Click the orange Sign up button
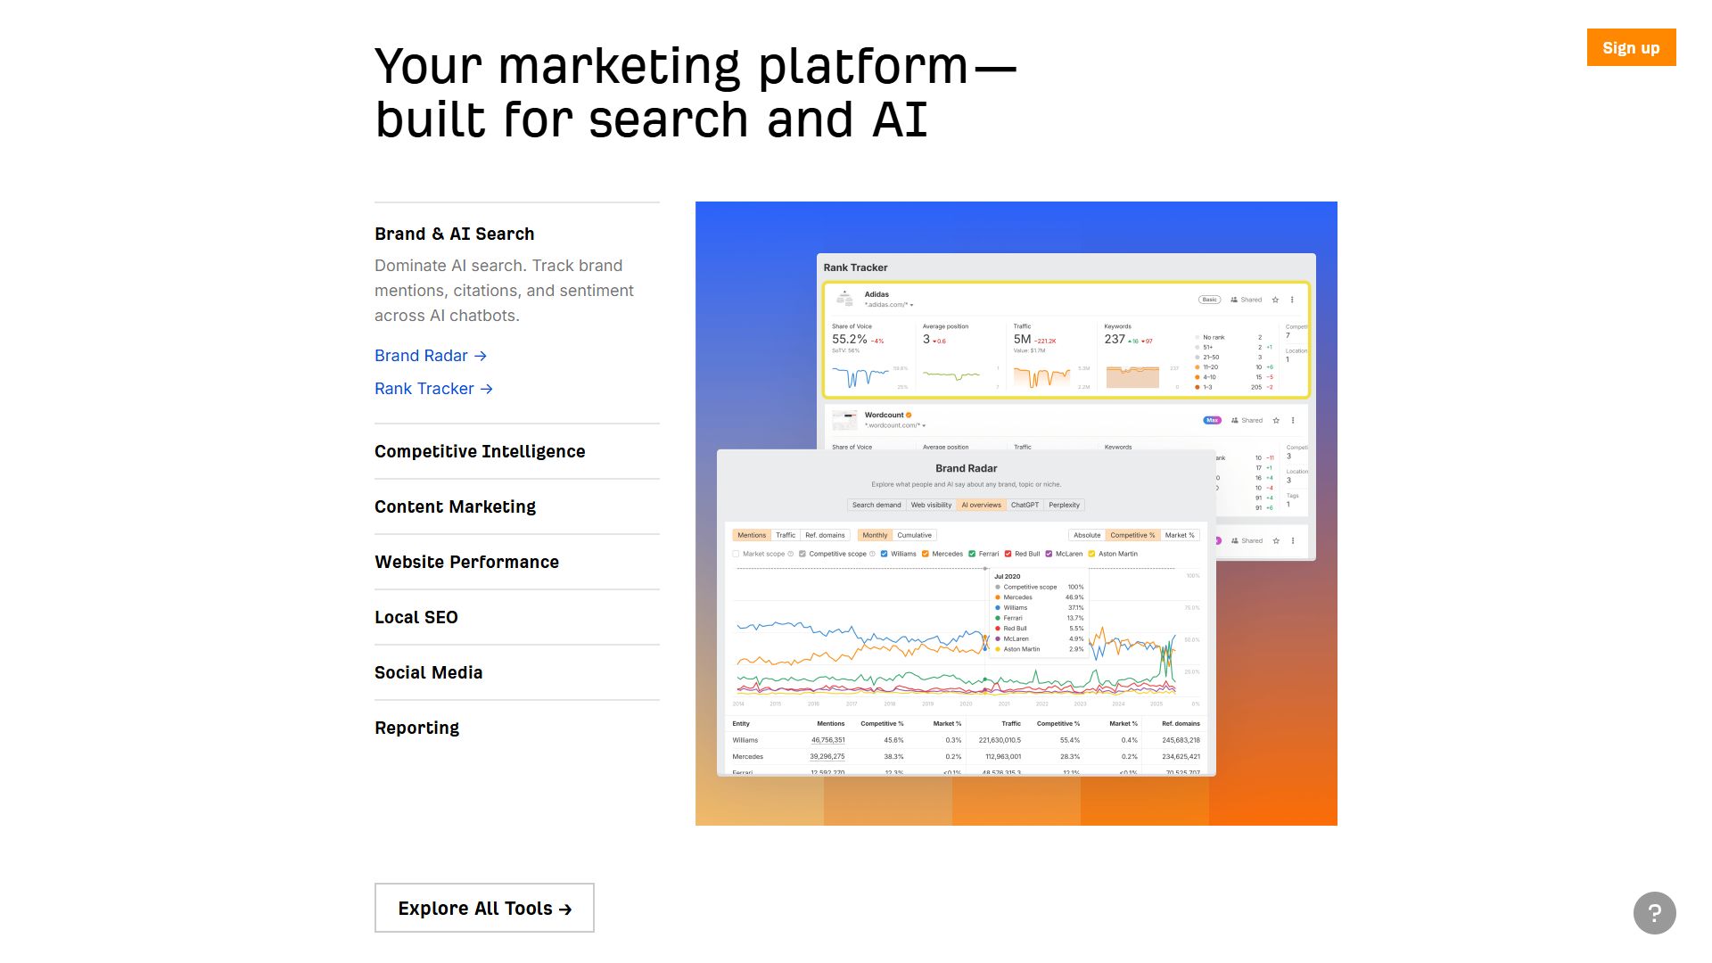[1631, 47]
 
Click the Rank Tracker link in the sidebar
[433, 389]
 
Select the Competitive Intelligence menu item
[480, 451]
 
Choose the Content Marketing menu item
[455, 506]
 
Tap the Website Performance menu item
[466, 562]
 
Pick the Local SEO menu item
[416, 617]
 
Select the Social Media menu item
[428, 672]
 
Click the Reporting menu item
[416, 728]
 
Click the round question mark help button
[1654, 913]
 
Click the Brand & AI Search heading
[454, 234]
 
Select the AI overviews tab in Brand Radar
[981, 505]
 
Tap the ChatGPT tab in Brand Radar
[1025, 505]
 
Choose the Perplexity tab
[1064, 505]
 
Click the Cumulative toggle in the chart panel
[914, 535]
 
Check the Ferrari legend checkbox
[972, 554]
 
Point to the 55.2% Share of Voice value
[849, 339]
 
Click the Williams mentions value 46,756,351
[827, 740]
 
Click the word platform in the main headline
[862, 66]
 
